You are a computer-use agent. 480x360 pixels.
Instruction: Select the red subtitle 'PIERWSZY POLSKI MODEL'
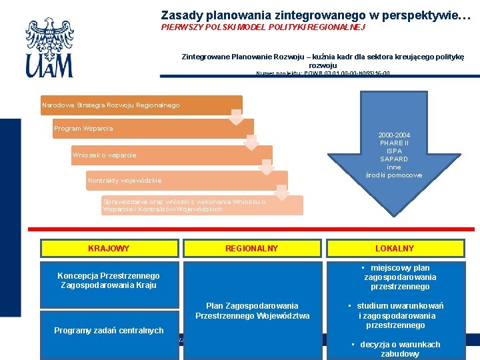(263, 27)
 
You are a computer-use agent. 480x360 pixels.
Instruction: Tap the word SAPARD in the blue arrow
(394, 159)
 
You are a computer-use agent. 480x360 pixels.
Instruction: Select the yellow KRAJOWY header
(109, 249)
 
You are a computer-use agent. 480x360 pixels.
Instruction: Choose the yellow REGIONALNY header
(251, 249)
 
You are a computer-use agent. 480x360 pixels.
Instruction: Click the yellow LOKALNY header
(395, 249)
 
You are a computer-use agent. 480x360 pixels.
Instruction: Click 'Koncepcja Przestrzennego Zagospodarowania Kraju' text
(109, 281)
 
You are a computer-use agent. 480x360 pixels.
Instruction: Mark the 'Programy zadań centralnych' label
(109, 330)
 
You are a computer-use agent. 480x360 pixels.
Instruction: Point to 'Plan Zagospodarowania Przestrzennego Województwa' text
(252, 311)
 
